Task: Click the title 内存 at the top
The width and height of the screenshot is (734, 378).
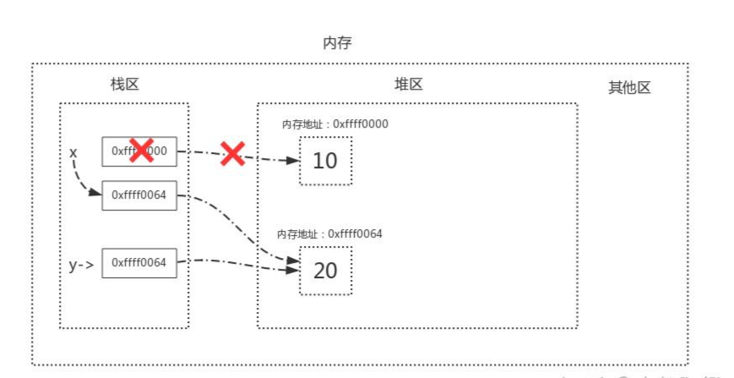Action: coord(337,43)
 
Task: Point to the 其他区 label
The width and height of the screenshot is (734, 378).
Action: coord(629,87)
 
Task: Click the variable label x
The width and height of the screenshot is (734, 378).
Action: coord(73,153)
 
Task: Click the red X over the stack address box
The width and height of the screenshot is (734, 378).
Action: coord(141,151)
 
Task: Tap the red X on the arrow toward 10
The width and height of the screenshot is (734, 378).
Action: coord(232,153)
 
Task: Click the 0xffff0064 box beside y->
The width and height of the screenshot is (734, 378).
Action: coord(139,263)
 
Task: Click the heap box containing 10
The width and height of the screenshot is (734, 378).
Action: coord(325,160)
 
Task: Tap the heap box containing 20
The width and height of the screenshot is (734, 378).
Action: coord(325,270)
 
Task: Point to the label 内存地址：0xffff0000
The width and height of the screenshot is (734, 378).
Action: coord(334,124)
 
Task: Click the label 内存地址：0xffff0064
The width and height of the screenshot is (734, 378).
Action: coord(329,233)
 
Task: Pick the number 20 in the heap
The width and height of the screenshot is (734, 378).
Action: coord(325,271)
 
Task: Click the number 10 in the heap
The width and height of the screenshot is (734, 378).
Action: coord(325,161)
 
